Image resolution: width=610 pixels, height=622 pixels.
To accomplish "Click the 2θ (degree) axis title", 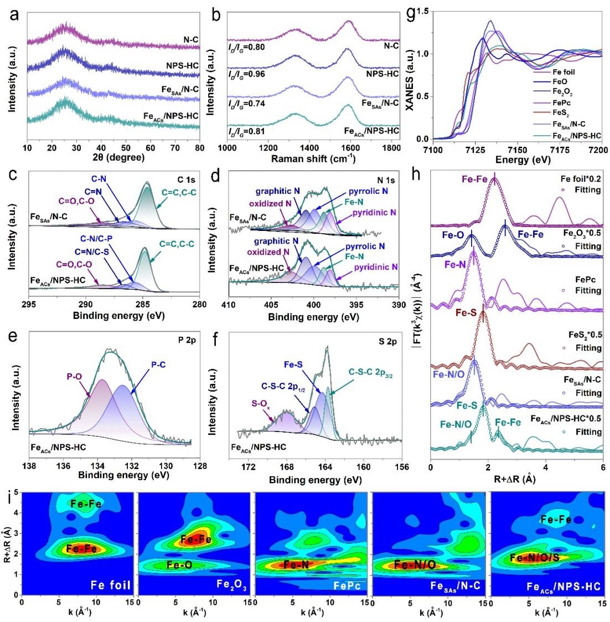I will pos(104,158).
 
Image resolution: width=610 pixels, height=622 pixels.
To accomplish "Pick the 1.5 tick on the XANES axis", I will pos(423,11).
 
